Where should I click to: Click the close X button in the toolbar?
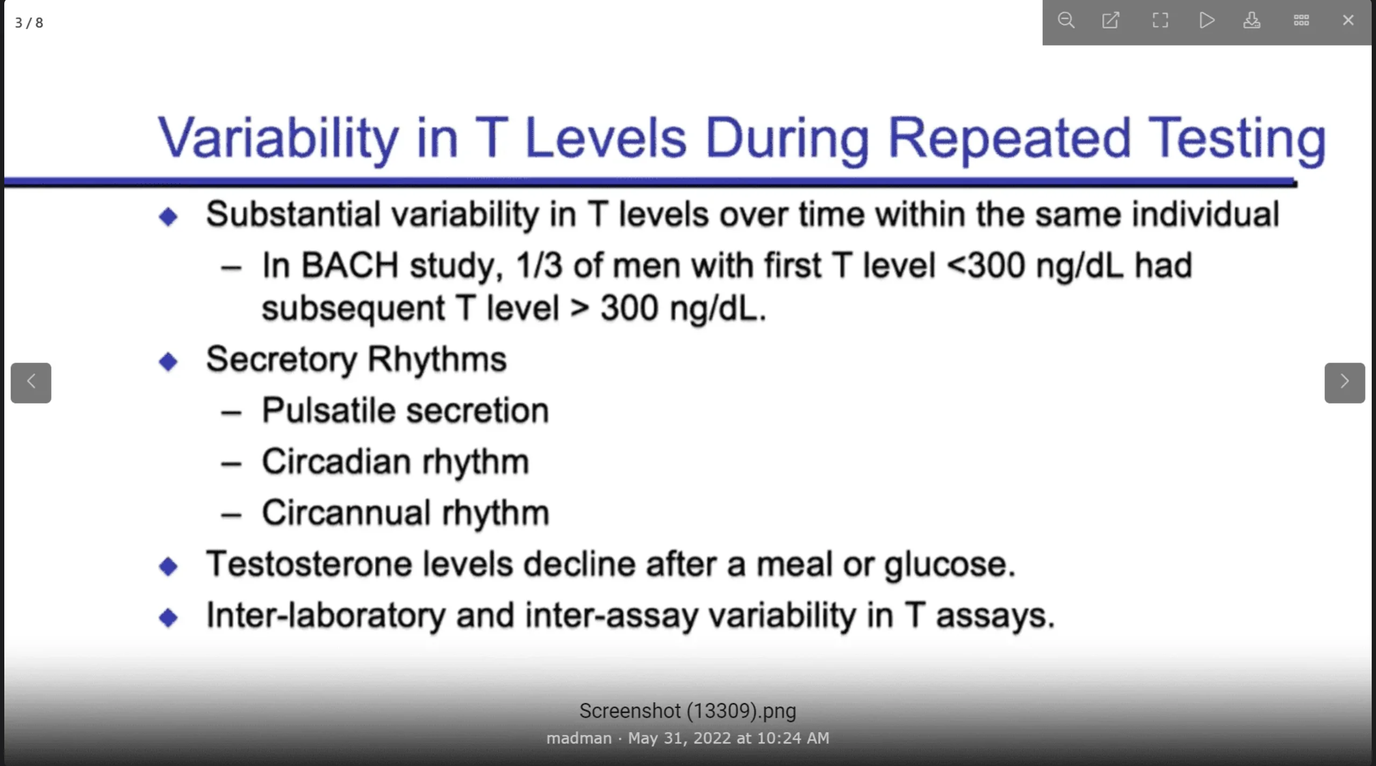click(1348, 20)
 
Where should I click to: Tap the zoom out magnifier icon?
click(1066, 20)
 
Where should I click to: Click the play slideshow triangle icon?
click(1207, 20)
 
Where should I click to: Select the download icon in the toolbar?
click(1252, 20)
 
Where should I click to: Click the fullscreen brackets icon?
click(1160, 20)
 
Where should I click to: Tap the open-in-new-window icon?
click(1111, 20)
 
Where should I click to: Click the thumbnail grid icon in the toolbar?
click(1301, 20)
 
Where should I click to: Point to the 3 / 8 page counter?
click(29, 23)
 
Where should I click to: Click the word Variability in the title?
click(278, 138)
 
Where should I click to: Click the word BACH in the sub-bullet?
click(349, 265)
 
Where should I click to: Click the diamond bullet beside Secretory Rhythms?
click(168, 361)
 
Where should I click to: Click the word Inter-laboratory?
click(326, 616)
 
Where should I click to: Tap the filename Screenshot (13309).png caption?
click(688, 711)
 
